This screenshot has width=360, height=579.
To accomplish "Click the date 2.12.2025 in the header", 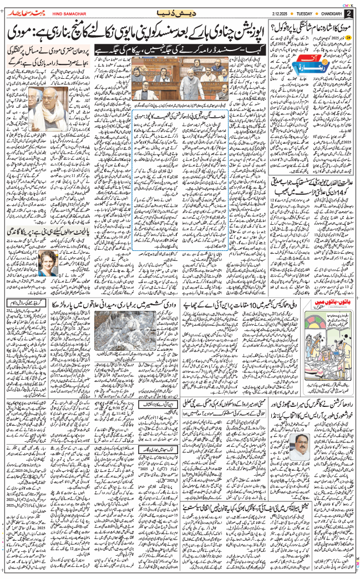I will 277,13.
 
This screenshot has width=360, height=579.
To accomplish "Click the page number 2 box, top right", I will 349,12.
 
